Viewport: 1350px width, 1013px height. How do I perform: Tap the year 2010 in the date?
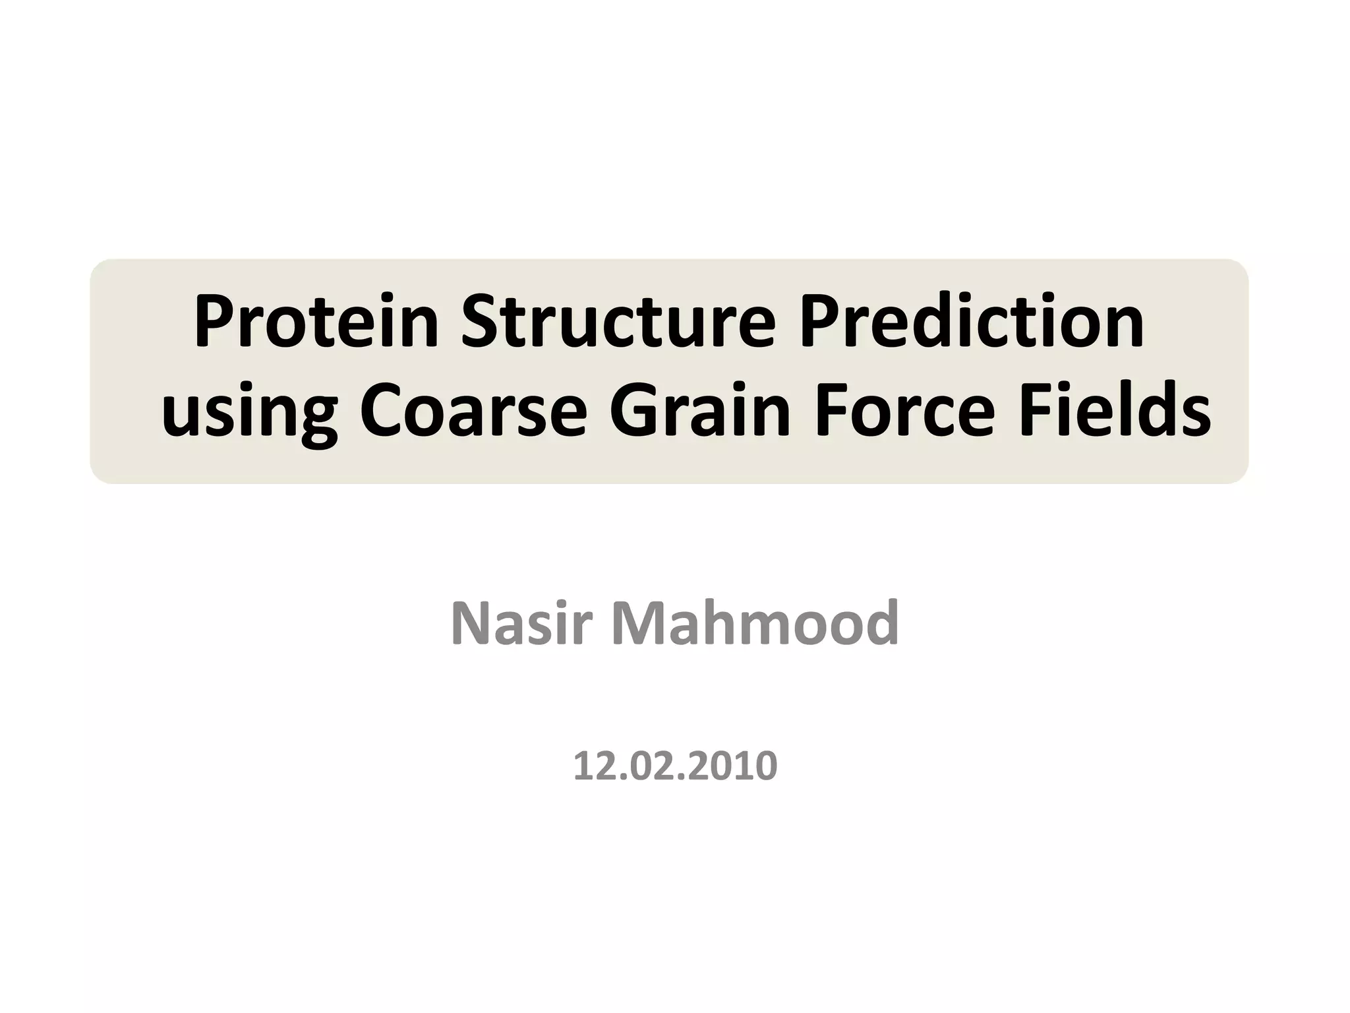(x=737, y=766)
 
